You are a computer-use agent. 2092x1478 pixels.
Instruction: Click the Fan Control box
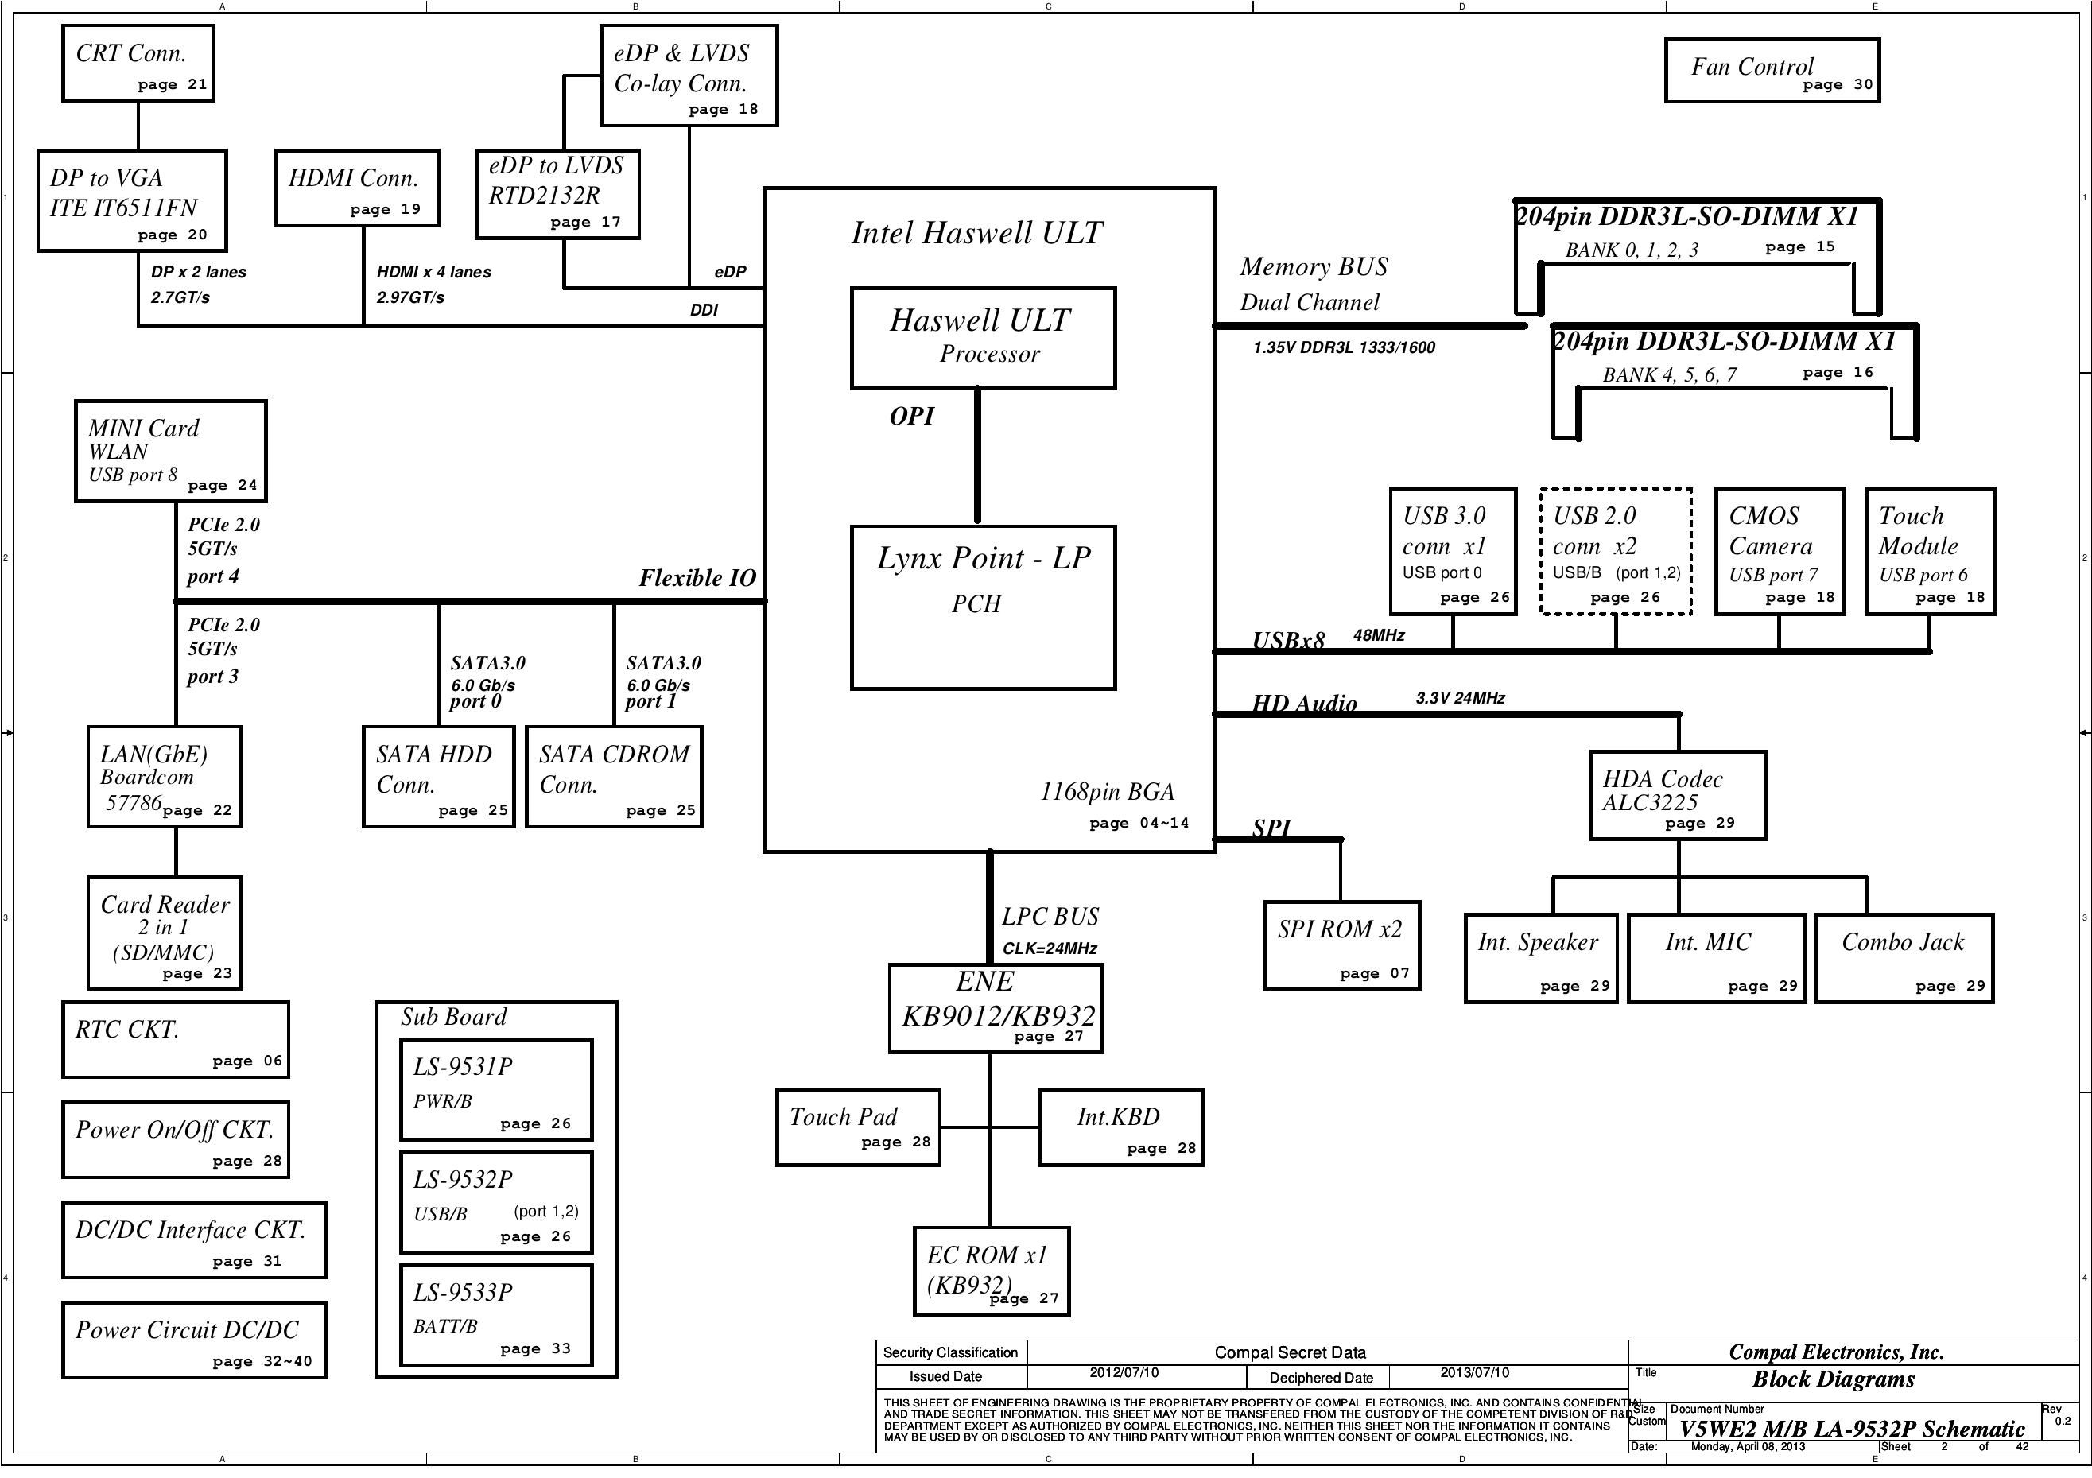click(x=1772, y=70)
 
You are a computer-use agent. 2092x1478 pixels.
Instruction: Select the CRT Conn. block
click(x=138, y=63)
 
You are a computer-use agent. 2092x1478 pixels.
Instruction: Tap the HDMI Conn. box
click(x=357, y=188)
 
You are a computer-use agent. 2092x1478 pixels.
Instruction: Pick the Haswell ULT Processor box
click(x=983, y=338)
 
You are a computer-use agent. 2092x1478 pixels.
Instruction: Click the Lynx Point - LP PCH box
click(x=983, y=607)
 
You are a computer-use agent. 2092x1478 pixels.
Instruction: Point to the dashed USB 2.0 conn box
click(x=1616, y=551)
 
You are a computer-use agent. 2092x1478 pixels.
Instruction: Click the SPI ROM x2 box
click(x=1342, y=946)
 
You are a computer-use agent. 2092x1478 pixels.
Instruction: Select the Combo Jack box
click(x=1904, y=959)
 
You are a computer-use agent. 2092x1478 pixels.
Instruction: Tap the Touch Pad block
click(x=858, y=1127)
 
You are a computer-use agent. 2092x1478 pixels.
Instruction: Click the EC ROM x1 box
click(x=992, y=1272)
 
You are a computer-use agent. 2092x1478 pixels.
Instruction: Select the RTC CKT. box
click(x=176, y=1040)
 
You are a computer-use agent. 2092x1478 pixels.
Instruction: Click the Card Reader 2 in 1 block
click(x=165, y=933)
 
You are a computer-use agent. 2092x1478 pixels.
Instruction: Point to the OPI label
click(x=912, y=417)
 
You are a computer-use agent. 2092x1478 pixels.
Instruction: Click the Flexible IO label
click(x=697, y=578)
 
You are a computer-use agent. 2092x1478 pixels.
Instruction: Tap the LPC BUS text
click(x=1050, y=917)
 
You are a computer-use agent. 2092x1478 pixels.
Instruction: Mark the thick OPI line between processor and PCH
click(x=978, y=456)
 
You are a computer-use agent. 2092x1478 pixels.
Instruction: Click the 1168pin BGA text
click(x=1107, y=792)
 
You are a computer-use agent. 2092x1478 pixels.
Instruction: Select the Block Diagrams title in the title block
click(x=1834, y=1379)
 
